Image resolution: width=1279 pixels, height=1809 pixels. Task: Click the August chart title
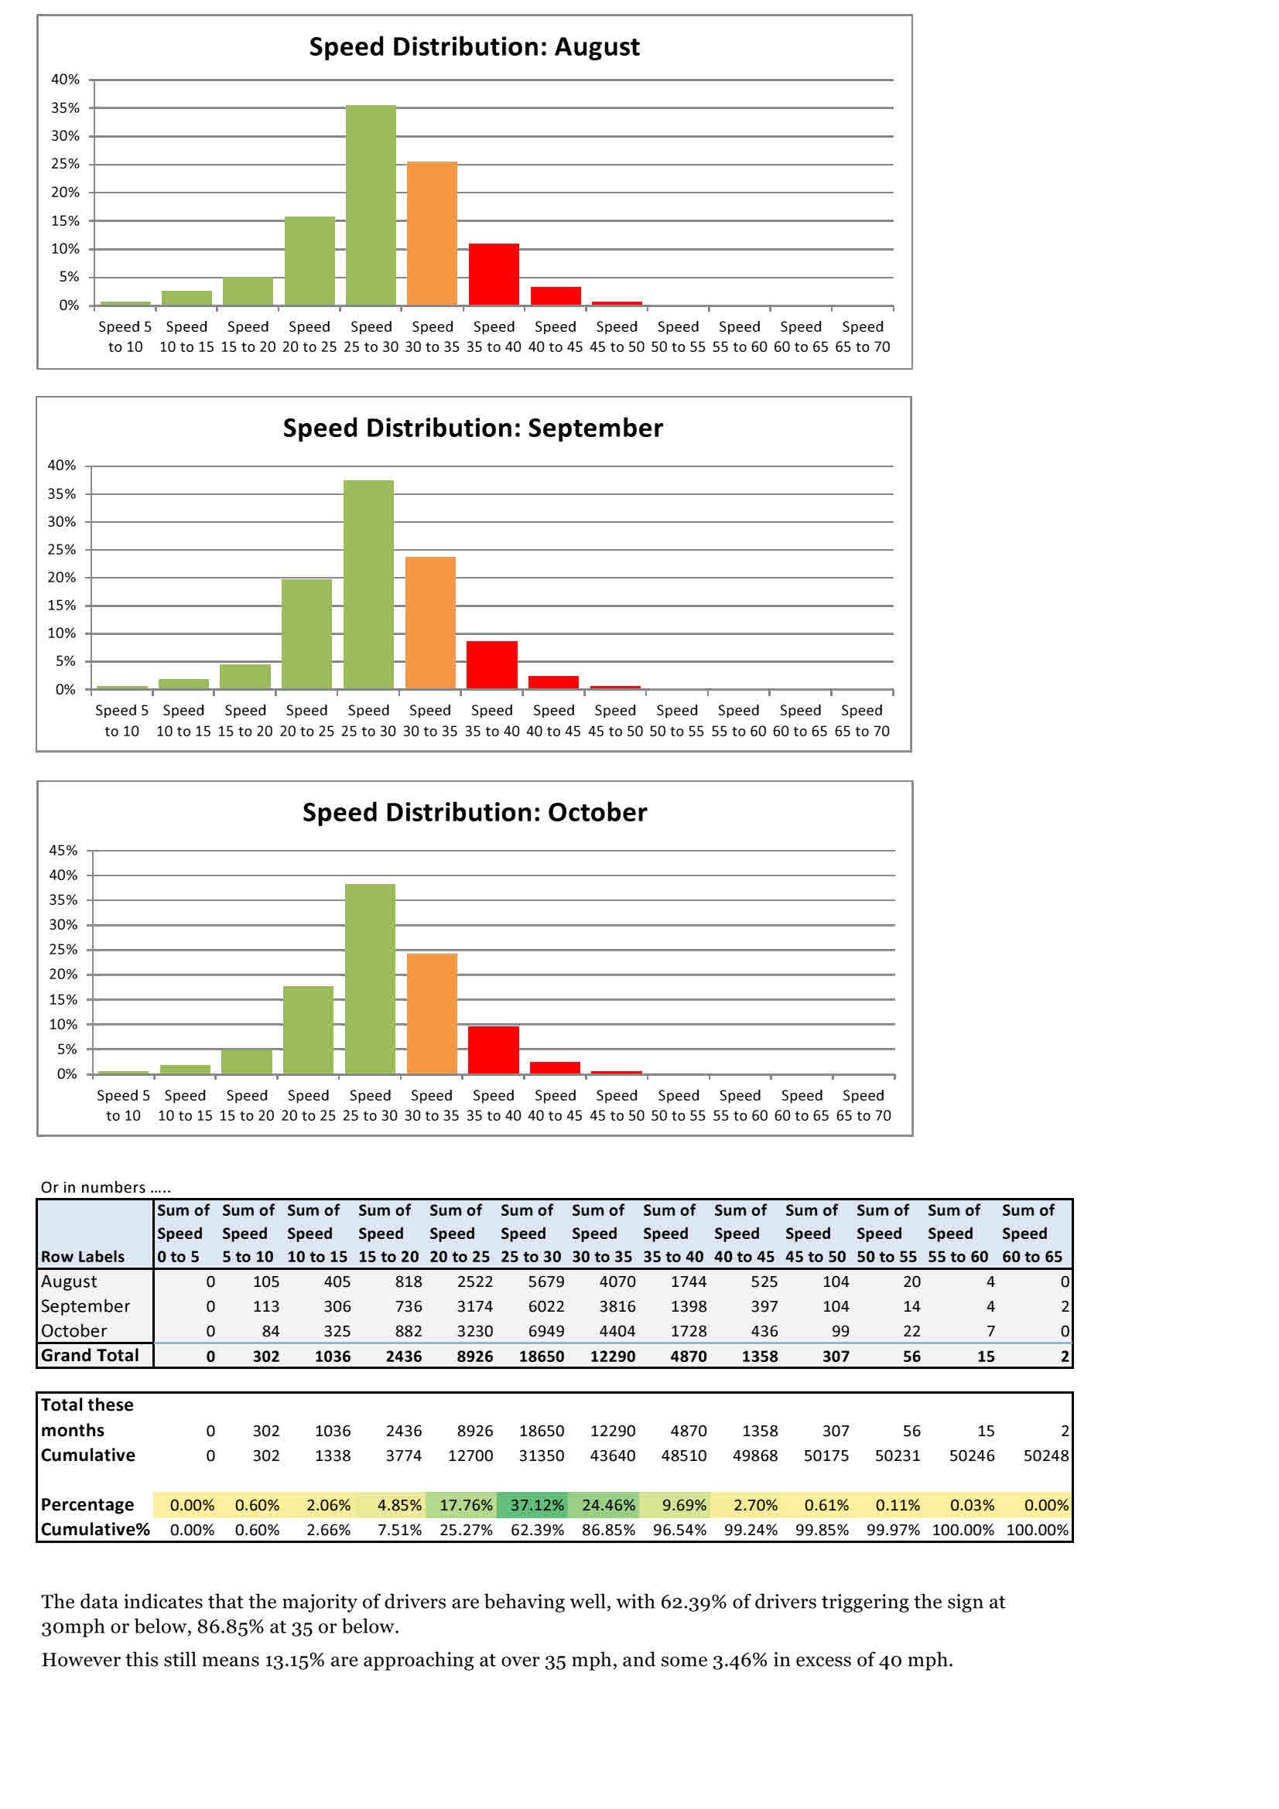(474, 47)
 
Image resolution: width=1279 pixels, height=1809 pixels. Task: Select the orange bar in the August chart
(432, 234)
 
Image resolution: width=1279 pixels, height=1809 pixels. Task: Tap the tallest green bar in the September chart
(368, 584)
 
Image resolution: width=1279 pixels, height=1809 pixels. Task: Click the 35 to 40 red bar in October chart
(494, 1050)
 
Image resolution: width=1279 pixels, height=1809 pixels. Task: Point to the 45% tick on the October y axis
(63, 850)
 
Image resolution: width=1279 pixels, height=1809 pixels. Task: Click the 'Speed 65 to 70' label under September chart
(861, 720)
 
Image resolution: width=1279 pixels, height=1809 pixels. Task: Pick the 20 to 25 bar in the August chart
(309, 261)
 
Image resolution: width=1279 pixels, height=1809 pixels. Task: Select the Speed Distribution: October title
(474, 812)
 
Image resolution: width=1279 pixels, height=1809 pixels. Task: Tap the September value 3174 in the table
(474, 1306)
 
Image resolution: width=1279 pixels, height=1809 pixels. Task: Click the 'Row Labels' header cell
(83, 1257)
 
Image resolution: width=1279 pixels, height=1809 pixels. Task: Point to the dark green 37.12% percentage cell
(537, 1505)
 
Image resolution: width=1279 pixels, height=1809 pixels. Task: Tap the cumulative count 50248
(1046, 1456)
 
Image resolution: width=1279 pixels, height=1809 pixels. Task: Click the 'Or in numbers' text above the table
(105, 1187)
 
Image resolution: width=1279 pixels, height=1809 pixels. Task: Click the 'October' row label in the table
(74, 1331)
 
